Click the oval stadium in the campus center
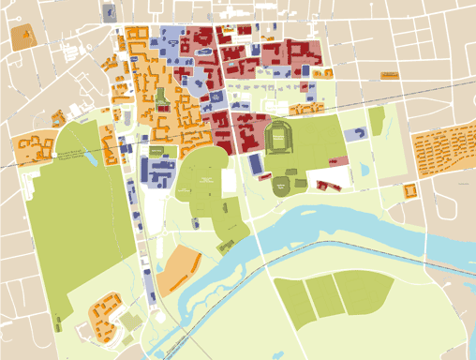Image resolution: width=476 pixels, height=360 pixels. [x=279, y=139]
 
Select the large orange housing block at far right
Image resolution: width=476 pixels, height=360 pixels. [x=443, y=150]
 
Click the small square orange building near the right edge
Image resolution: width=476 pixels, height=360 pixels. [x=410, y=190]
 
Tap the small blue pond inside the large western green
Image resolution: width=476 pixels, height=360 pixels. [x=90, y=157]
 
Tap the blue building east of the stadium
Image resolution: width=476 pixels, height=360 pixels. [x=355, y=135]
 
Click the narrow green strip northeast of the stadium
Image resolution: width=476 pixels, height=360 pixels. [x=376, y=121]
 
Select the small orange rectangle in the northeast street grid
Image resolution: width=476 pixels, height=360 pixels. [x=389, y=74]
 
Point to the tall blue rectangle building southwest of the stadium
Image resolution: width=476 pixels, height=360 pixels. [x=256, y=163]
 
